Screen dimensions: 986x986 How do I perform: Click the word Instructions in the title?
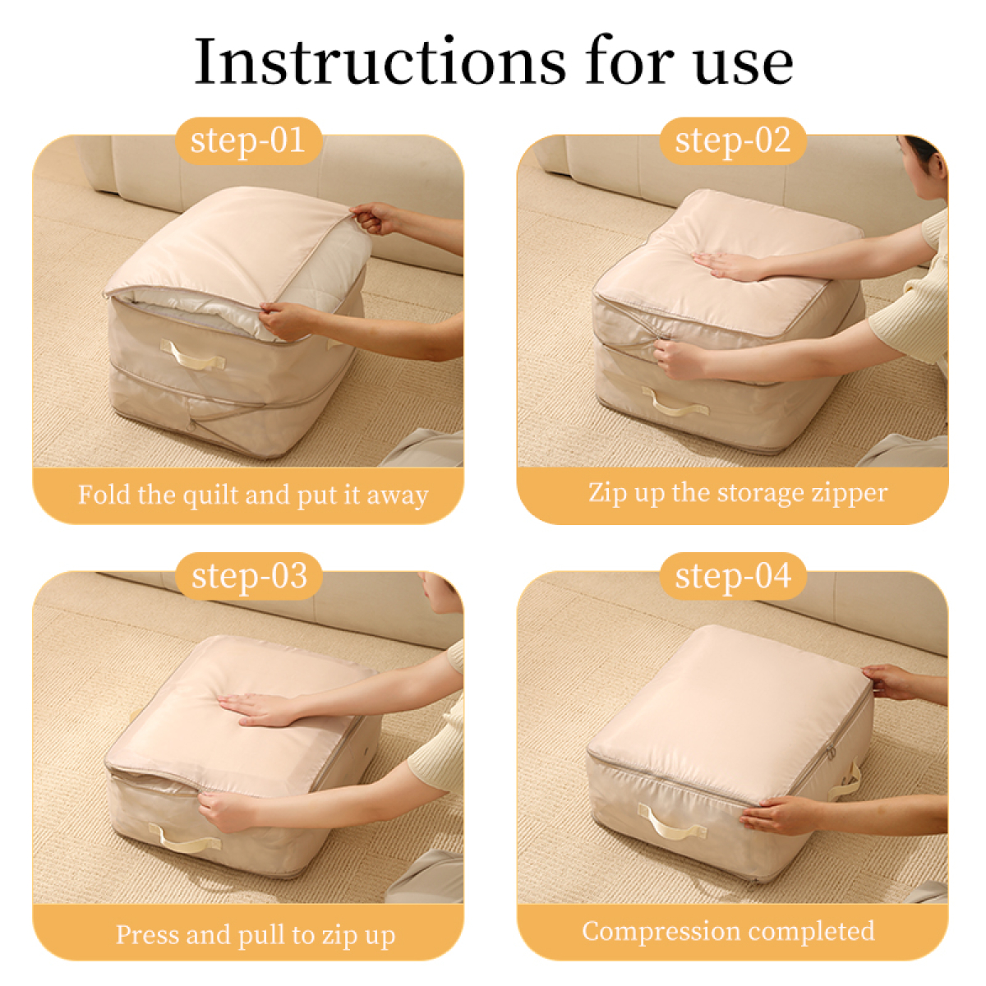click(380, 62)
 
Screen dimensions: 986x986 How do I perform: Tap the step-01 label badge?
click(249, 141)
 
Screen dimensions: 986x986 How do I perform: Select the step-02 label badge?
click(733, 141)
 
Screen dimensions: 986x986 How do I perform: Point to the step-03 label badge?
click(249, 576)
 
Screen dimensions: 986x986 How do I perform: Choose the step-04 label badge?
click(733, 576)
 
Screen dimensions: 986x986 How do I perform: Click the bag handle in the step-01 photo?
click(192, 354)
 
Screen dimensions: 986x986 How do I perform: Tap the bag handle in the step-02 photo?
click(675, 402)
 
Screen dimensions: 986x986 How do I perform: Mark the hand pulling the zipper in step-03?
click(225, 810)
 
